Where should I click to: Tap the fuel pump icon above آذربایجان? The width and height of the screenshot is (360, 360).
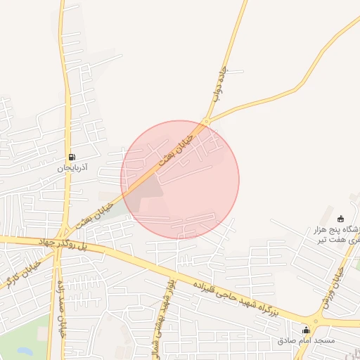coord(71,157)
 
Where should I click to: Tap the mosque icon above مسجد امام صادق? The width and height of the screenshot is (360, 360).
coord(306,330)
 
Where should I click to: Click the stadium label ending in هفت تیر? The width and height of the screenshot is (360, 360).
coord(336,236)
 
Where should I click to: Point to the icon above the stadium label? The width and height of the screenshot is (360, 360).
coord(341,218)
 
